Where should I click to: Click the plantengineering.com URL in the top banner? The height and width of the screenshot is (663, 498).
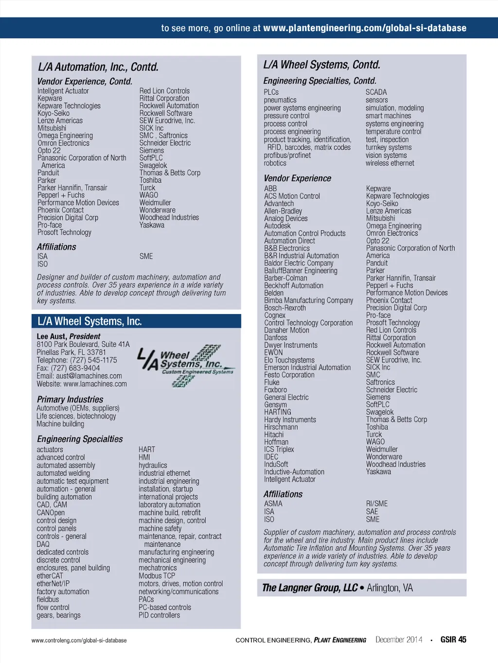(365, 28)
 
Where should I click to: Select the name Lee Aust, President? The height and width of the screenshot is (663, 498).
(69, 336)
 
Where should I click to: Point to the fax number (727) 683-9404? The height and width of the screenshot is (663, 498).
(75, 368)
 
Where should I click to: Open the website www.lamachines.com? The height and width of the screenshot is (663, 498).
(95, 384)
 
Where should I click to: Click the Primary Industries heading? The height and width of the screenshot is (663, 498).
(70, 400)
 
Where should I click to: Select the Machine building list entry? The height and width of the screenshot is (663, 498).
(60, 424)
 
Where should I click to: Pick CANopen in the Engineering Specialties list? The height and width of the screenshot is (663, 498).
(51, 513)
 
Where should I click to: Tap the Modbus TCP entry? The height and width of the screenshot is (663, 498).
(157, 576)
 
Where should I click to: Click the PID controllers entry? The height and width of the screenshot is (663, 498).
(159, 615)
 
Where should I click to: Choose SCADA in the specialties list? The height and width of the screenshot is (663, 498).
(376, 92)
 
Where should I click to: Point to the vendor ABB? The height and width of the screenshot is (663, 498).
(270, 189)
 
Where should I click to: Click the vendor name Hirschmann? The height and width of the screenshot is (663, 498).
(281, 427)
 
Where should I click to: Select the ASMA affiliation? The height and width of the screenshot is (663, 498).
(273, 504)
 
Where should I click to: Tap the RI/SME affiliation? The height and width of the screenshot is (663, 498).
(377, 504)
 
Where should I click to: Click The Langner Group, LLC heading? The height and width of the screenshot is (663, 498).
(310, 588)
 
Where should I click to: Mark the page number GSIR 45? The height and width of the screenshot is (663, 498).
(453, 640)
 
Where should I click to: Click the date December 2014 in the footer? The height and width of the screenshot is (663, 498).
(399, 640)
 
